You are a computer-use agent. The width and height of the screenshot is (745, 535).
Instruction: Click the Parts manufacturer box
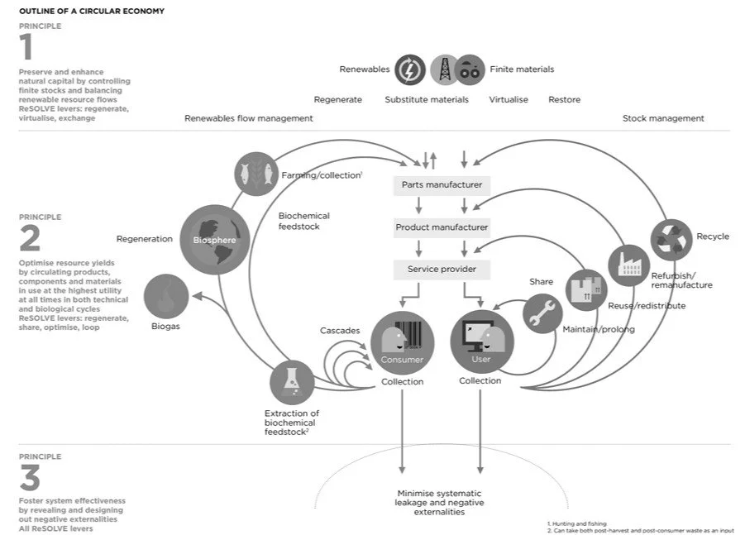[442, 184]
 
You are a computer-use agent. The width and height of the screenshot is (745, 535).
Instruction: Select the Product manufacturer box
[442, 227]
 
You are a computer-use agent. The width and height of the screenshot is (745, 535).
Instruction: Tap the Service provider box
[442, 269]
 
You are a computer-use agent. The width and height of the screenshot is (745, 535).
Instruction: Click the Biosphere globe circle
[215, 239]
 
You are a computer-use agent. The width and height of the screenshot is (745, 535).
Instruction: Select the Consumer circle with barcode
[402, 342]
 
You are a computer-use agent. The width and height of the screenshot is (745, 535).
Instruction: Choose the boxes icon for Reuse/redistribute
[586, 290]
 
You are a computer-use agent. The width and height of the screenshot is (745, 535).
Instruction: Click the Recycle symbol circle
[671, 239]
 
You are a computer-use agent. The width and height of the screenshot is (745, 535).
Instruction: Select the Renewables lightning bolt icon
[410, 70]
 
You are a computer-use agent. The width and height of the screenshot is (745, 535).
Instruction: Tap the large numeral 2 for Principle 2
[29, 238]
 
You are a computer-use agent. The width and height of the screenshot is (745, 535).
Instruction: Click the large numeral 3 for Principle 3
[29, 478]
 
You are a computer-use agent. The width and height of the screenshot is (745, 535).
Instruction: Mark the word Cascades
[340, 331]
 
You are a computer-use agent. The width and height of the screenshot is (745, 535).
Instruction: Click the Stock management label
[663, 118]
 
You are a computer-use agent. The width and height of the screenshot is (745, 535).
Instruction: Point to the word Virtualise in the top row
[509, 99]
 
